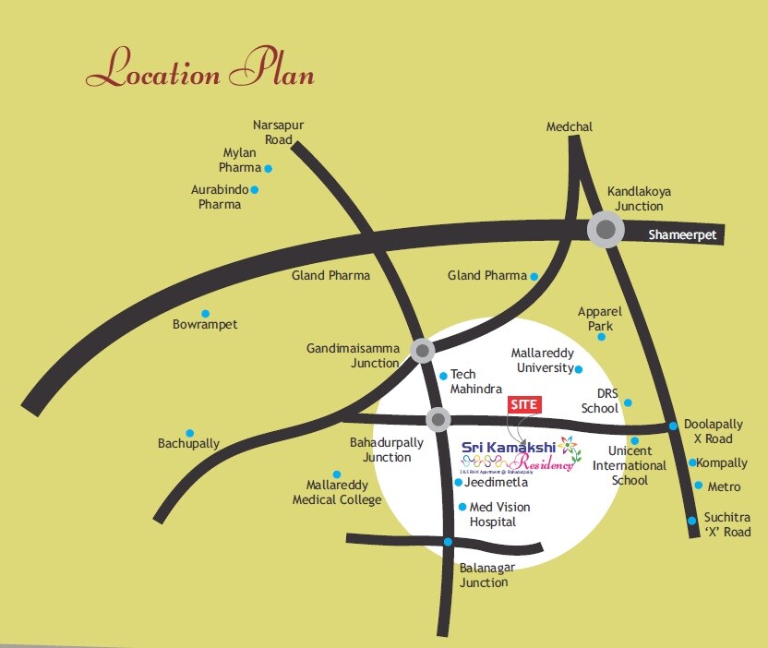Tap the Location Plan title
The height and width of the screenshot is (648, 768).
(200, 70)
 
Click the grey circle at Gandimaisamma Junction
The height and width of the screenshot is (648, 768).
(422, 350)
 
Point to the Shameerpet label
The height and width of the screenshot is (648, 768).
(682, 235)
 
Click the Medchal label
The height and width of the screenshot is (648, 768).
(569, 126)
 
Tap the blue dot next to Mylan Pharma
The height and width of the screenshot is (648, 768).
(269, 169)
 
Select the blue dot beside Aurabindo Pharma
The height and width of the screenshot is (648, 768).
(255, 190)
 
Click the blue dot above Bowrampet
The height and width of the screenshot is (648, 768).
(205, 314)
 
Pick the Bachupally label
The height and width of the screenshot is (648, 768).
(189, 443)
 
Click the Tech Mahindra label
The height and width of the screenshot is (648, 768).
(475, 381)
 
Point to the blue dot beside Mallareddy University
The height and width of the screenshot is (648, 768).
(579, 369)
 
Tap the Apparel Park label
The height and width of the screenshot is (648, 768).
(600, 318)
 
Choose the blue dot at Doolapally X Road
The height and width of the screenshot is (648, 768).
(674, 426)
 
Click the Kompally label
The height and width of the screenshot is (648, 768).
(722, 462)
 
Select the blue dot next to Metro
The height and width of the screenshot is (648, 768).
(697, 486)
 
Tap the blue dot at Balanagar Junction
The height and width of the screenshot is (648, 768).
(448, 542)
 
